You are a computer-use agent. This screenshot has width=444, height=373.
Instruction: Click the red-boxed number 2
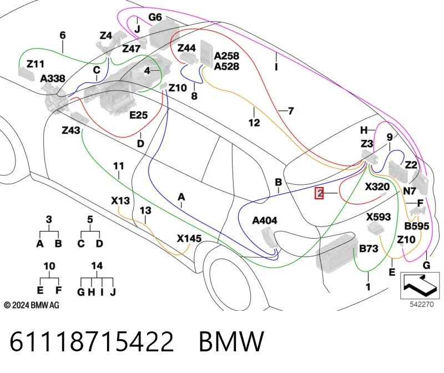319,193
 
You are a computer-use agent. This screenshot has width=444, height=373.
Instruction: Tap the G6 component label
155,17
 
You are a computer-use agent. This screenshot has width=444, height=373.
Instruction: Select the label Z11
36,64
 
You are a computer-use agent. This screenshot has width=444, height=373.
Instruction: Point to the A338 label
53,78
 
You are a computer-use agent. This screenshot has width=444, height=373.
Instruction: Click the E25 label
138,115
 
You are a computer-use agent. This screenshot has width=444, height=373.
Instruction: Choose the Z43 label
71,130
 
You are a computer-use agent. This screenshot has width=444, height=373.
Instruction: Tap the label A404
265,220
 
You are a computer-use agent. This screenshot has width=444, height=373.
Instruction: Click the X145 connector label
189,239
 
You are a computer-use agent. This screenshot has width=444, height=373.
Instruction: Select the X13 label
120,201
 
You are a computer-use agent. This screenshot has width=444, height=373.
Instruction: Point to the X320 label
377,187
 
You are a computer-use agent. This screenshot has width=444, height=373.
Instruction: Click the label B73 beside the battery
369,248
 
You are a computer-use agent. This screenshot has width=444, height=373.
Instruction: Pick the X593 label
379,217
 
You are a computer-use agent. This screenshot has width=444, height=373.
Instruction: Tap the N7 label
410,191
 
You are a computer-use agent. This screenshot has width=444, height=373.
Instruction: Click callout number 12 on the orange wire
254,123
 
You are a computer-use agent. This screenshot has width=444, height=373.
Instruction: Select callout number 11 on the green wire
118,165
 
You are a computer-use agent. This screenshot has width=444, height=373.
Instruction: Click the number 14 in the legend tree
97,266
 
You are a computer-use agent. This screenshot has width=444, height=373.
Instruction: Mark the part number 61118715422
92,341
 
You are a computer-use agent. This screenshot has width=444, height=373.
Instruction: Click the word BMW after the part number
231,341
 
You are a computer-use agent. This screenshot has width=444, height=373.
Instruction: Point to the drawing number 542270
422,305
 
